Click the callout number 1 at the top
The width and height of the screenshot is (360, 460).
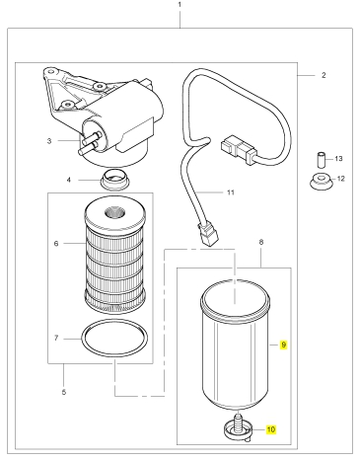[x=180, y=5]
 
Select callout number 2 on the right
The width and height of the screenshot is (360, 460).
[x=324, y=75]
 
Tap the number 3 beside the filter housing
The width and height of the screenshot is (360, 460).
[x=49, y=141]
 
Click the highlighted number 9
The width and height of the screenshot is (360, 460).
[x=283, y=345]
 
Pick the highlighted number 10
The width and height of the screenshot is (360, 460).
[x=271, y=429]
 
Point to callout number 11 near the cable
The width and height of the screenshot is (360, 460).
[x=231, y=192]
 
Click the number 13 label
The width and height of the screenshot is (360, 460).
[x=338, y=159]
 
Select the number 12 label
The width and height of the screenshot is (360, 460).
[x=341, y=179]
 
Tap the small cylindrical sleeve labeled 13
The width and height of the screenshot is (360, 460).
[x=321, y=159]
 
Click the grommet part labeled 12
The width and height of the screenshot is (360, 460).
[x=321, y=182]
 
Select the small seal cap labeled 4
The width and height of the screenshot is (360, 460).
[x=115, y=179]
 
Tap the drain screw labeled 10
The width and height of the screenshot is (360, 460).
[x=238, y=427]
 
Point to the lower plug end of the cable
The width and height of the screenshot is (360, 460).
[x=207, y=234]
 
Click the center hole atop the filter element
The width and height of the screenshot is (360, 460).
[x=114, y=212]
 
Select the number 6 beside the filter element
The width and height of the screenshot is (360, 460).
[x=56, y=244]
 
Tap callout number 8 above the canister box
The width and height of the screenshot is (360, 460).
[x=261, y=242]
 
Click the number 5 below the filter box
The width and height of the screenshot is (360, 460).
[x=64, y=392]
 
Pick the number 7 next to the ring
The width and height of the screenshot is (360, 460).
[x=56, y=338]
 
